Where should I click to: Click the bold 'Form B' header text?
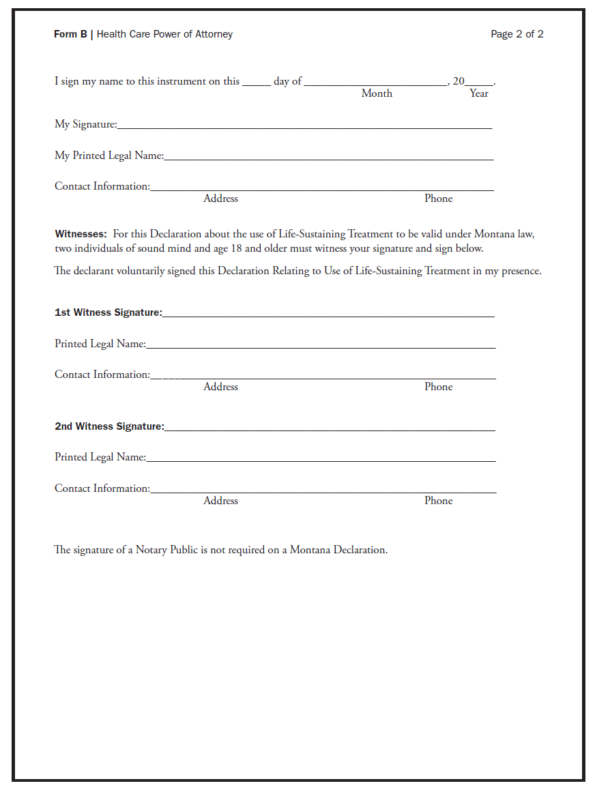70,34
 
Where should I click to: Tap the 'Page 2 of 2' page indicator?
517,34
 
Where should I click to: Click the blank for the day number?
256,83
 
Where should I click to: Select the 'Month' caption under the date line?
377,93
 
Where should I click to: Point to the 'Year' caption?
479,93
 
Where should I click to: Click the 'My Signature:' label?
86,124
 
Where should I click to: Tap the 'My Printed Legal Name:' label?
109,156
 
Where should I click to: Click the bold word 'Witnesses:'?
81,234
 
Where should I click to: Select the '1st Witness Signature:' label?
108,312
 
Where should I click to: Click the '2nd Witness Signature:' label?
109,426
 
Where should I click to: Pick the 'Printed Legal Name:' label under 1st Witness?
100,344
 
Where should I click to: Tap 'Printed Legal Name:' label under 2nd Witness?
100,457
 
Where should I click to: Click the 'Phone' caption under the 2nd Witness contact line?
438,501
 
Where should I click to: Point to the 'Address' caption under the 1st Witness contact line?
220,387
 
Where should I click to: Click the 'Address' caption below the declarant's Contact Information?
220,199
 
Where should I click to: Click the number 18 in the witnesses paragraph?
237,248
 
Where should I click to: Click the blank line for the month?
375,83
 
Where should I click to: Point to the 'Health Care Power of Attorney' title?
164,34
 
